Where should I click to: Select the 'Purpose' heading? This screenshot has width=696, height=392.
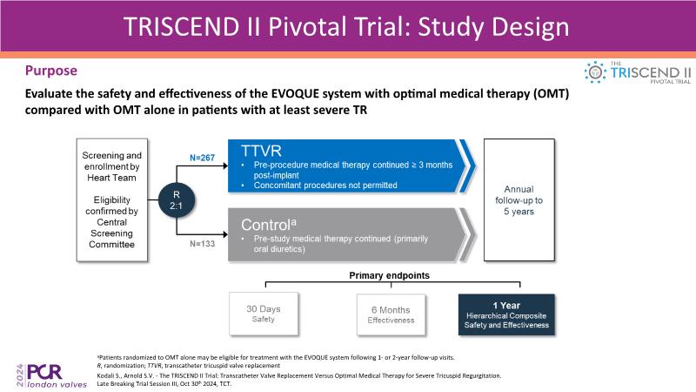pos(50,70)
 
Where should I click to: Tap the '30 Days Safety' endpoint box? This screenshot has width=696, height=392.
pos(263,314)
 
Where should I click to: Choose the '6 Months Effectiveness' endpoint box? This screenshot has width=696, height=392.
pos(391,314)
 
